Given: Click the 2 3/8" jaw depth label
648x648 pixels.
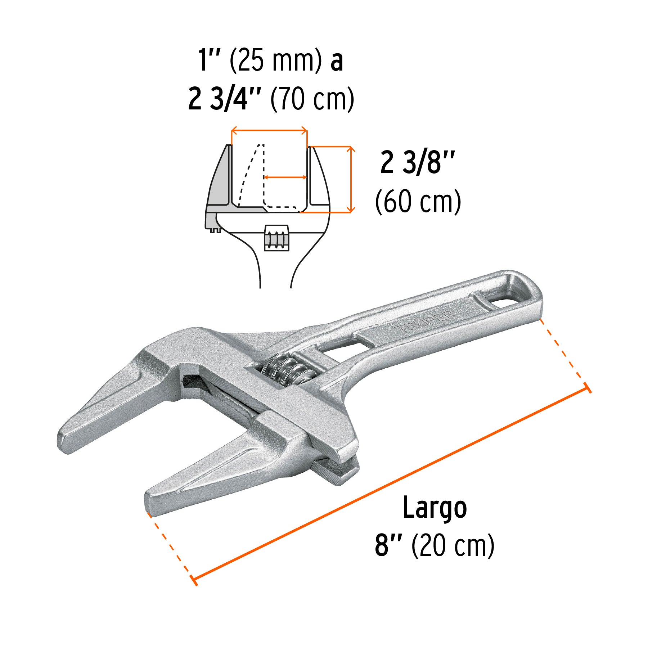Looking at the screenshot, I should pyautogui.click(x=418, y=163).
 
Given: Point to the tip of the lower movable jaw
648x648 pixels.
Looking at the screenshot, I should pyautogui.click(x=151, y=502).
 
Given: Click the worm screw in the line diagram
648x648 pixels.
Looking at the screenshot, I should pyautogui.click(x=276, y=238).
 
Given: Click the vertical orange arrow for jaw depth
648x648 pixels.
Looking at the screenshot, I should pyautogui.click(x=351, y=179).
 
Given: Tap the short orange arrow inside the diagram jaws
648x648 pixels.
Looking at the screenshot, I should pyautogui.click(x=285, y=177).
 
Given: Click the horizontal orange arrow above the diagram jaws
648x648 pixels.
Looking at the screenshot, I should pyautogui.click(x=269, y=130).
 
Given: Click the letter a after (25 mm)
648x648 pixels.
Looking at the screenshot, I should pyautogui.click(x=337, y=61).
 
